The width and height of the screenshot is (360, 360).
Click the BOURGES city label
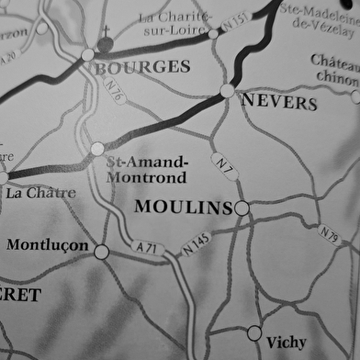click(x=142, y=67)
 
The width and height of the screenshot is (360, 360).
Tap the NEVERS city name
click(x=279, y=102)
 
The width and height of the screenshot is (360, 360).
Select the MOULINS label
click(x=183, y=208)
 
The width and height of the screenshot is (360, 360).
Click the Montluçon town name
click(x=48, y=246)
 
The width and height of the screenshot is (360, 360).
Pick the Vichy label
click(x=286, y=342)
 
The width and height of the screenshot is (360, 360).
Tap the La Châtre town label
click(x=40, y=194)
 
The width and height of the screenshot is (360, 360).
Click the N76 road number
click(x=114, y=92)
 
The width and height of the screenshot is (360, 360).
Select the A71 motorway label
click(x=146, y=248)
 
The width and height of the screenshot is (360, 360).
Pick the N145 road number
click(x=196, y=242)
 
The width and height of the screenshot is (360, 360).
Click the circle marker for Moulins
click(x=242, y=208)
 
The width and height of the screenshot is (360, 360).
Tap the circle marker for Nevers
click(x=228, y=90)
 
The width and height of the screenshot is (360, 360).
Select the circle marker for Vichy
click(x=254, y=332)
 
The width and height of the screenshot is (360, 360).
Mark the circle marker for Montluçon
click(x=101, y=251)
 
